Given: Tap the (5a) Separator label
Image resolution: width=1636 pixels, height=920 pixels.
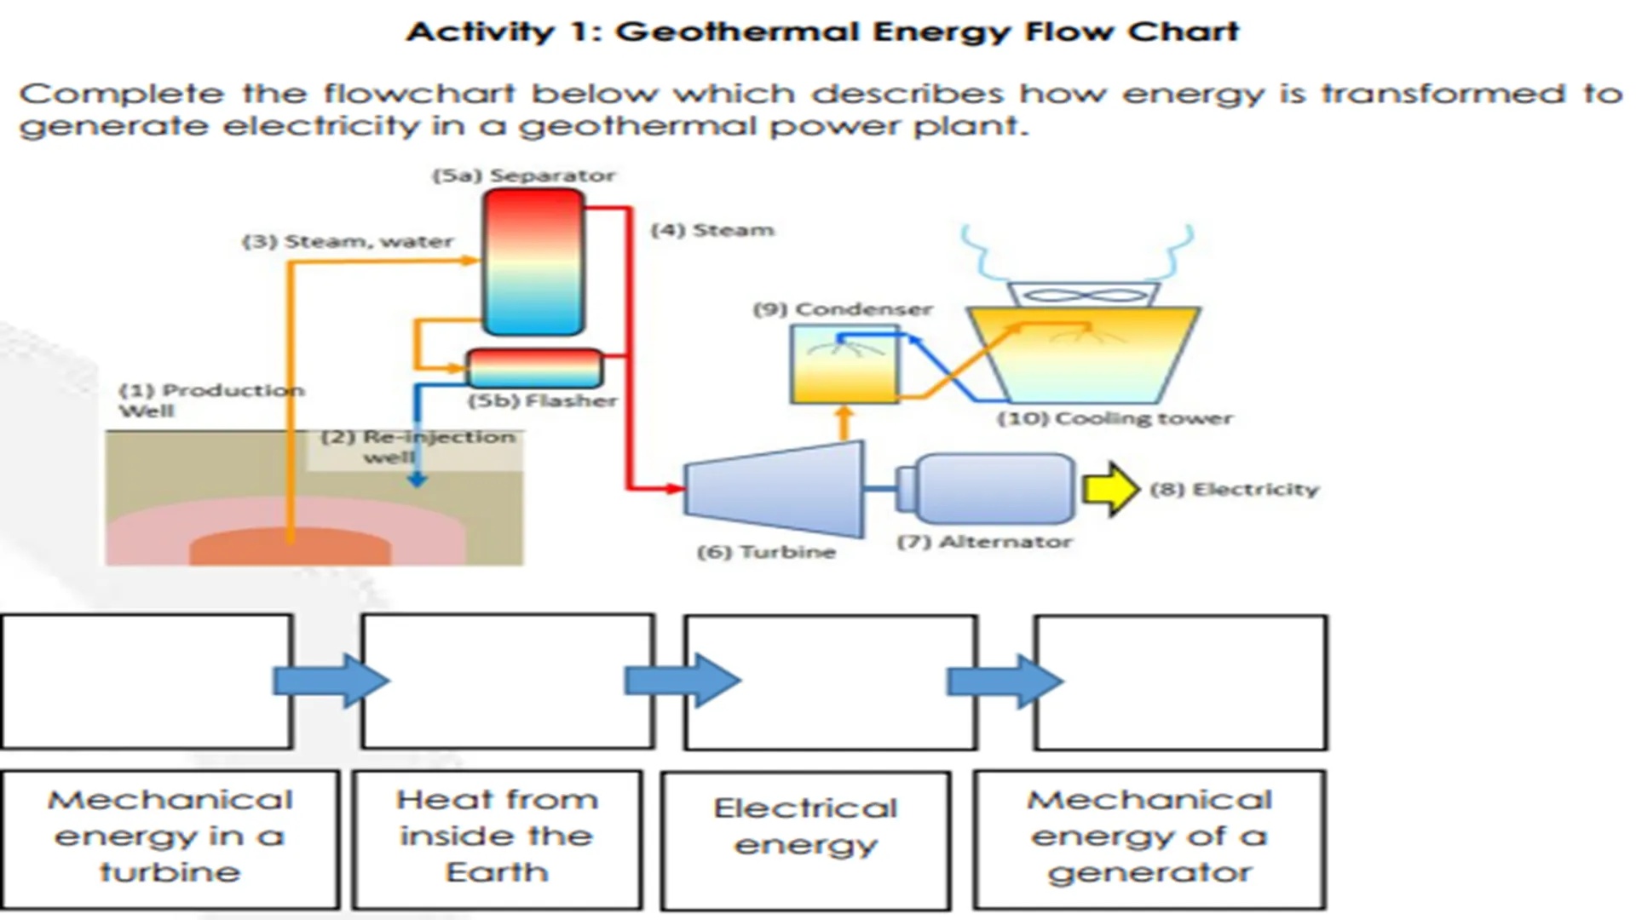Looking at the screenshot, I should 523,175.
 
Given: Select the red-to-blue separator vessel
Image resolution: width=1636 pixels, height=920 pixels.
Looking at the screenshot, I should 534,262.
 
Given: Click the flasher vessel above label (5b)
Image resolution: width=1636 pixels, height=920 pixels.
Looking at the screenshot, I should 534,368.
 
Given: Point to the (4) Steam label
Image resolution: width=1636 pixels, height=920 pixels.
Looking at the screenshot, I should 712,230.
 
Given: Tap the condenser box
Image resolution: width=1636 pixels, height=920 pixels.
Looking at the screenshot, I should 844,365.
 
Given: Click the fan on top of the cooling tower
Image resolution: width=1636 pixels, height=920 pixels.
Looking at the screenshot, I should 1082,296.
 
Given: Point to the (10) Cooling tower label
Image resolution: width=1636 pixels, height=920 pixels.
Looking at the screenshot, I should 1115,418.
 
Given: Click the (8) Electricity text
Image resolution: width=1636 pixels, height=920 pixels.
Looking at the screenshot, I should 1234,489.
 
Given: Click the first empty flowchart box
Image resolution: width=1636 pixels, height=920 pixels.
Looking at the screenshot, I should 147,681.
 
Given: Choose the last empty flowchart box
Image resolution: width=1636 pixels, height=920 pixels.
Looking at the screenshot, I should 1180,681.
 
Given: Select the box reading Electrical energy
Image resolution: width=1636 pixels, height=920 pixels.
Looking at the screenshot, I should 805,840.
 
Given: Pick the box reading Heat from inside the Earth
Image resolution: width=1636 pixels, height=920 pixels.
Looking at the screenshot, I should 498,840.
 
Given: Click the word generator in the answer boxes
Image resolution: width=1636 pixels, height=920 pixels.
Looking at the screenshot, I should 1149,873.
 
